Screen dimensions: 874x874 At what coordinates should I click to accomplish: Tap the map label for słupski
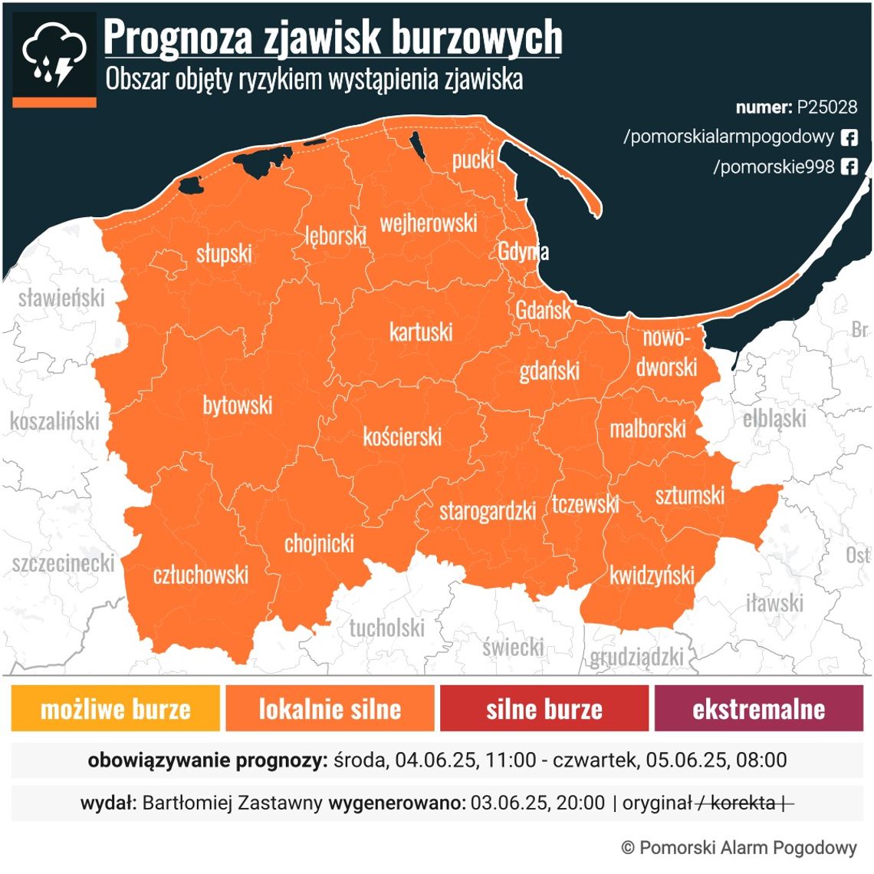point(224,253)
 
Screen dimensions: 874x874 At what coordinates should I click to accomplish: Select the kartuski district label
point(420,332)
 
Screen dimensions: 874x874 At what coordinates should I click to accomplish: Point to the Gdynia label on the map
point(523,252)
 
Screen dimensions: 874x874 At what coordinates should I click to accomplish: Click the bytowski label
point(237,405)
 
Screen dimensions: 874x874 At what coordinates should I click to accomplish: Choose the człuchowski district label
point(201,575)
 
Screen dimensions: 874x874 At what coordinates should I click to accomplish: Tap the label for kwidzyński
point(652,576)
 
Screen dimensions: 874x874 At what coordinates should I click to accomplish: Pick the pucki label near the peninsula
point(473,160)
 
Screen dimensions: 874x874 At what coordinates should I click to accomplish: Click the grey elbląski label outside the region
point(774,419)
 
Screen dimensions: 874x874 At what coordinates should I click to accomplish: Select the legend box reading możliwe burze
point(116,708)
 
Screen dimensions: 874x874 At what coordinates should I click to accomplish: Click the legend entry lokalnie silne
point(330,708)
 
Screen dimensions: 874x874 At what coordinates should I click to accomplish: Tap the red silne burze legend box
point(544,708)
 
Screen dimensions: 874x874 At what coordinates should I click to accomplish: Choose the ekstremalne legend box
point(758,708)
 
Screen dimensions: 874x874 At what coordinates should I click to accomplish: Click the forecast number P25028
point(826,107)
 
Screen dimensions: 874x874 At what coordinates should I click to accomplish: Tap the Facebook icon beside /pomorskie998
point(849,167)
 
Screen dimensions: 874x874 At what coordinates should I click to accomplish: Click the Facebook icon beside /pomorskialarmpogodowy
point(849,137)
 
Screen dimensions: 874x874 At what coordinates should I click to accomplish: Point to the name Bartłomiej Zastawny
point(232,803)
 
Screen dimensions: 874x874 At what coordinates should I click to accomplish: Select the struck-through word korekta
point(742,803)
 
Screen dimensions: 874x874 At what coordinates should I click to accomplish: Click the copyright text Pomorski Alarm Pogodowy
point(747,847)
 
